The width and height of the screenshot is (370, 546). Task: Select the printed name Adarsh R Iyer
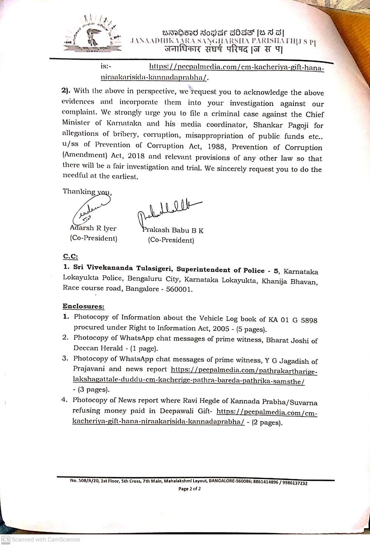point(93,228)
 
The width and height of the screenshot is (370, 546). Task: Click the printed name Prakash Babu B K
point(173,230)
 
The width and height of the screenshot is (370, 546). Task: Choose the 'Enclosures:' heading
point(83,306)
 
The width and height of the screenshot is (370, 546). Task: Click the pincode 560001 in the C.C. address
point(179,289)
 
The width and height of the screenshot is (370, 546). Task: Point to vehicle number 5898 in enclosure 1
point(309,320)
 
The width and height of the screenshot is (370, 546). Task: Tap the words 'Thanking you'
point(87,191)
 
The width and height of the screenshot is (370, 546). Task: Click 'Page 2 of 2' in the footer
point(189,489)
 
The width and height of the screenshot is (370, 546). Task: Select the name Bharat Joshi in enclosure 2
point(287,340)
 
